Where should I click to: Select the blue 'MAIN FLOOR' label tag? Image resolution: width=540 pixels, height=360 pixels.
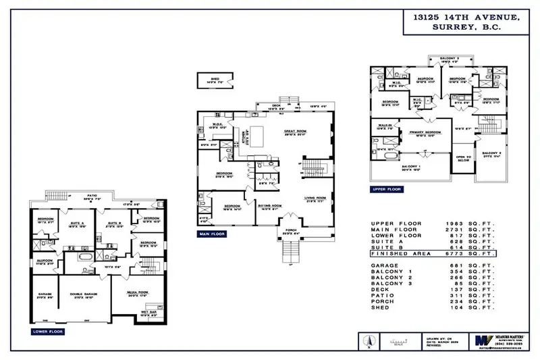pos(211,234)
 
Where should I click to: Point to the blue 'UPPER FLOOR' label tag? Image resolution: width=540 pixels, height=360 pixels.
pos(387,190)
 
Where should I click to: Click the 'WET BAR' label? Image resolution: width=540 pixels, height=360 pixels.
pos(147,313)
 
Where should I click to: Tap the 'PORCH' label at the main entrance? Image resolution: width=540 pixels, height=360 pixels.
pos(291,232)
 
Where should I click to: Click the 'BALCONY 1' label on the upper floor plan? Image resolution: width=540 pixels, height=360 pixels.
pos(411,166)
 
